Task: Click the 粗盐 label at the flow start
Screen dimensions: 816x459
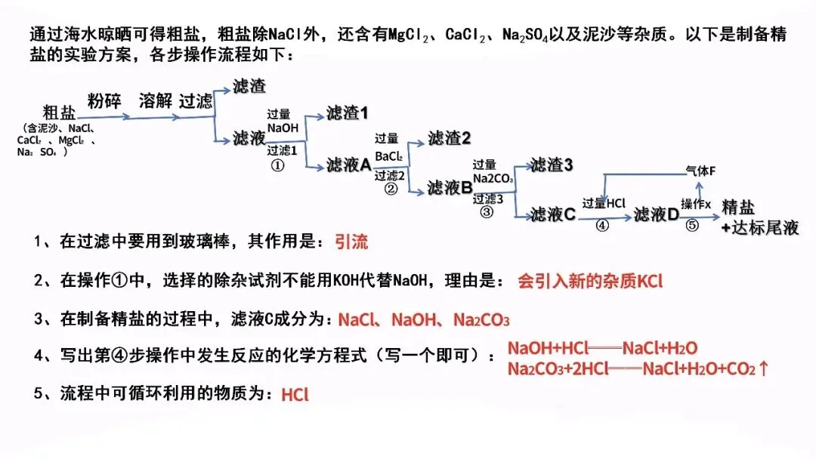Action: (x=59, y=112)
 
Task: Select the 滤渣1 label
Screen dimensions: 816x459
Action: (x=347, y=113)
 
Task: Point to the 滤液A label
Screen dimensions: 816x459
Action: (x=348, y=165)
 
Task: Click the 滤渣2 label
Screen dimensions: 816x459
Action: (x=449, y=137)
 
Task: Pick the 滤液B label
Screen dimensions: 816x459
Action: (x=450, y=188)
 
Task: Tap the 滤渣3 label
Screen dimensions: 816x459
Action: (x=552, y=165)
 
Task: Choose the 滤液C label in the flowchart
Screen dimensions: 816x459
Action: (x=553, y=215)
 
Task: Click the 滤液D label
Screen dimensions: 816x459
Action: (x=656, y=214)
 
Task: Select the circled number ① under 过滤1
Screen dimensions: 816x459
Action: (x=277, y=166)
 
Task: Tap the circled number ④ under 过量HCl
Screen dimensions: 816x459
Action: (x=602, y=226)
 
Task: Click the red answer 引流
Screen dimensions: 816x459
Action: (x=351, y=242)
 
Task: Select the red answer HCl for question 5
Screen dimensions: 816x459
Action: (x=295, y=394)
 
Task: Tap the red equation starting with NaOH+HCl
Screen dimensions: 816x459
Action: (x=602, y=348)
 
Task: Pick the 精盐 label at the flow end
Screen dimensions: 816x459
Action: (x=739, y=208)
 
